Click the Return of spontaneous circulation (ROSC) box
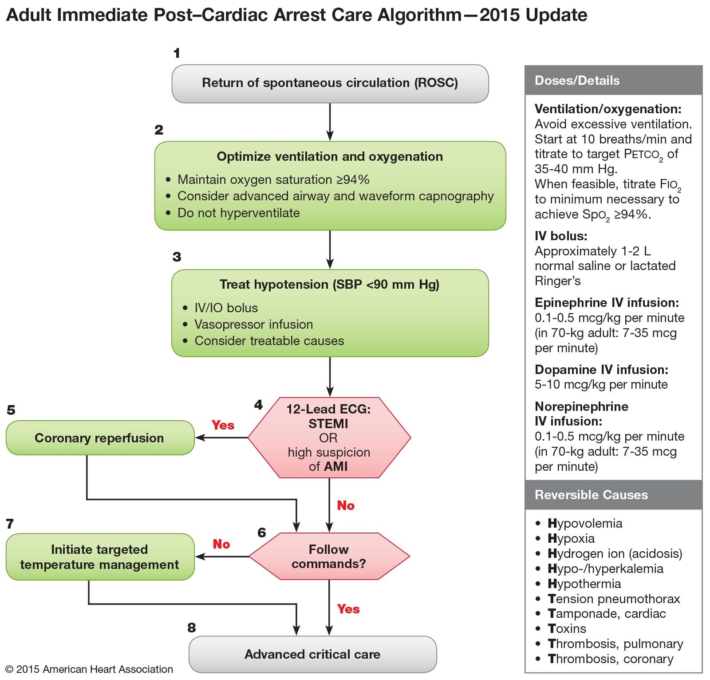(x=330, y=84)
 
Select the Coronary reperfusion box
(x=99, y=438)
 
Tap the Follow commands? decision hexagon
(x=329, y=557)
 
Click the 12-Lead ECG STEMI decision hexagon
(x=329, y=438)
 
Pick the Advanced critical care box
(x=312, y=654)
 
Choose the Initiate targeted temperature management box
(x=99, y=557)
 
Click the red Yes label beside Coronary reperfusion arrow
(x=223, y=425)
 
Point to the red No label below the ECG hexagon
(x=346, y=505)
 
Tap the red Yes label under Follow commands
(x=348, y=609)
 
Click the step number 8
(x=192, y=628)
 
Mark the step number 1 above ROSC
(x=177, y=53)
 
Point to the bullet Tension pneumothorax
(x=613, y=599)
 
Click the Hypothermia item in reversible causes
(x=584, y=584)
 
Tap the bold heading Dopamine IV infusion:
(x=601, y=370)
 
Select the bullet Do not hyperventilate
(x=238, y=213)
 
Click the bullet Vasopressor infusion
(x=253, y=325)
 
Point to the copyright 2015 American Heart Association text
(x=89, y=669)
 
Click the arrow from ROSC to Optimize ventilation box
(x=330, y=122)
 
